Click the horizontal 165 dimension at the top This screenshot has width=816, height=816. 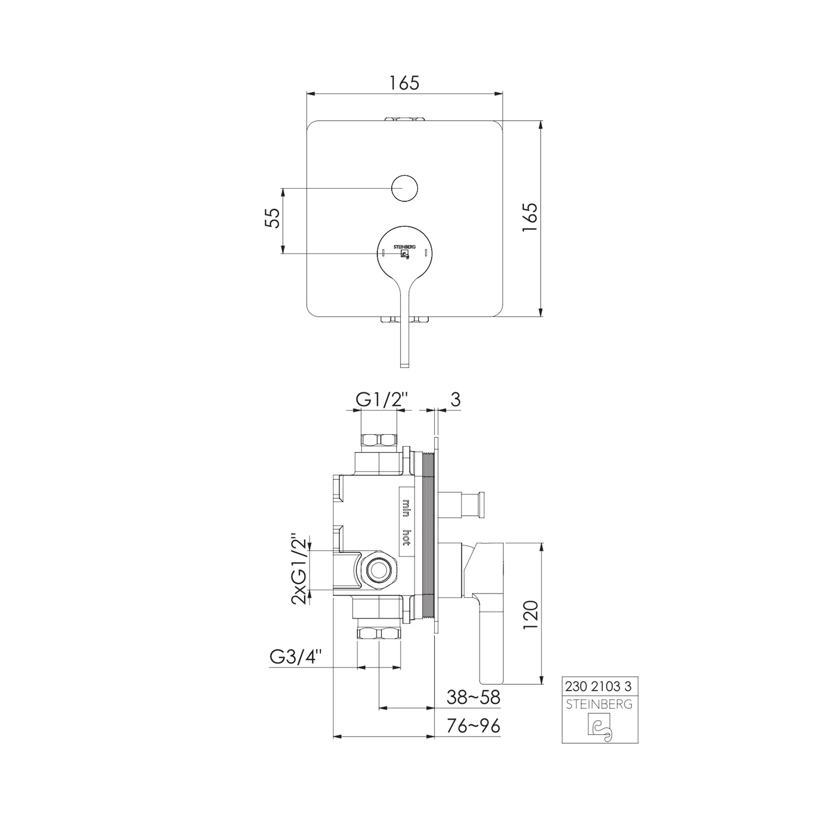click(405, 83)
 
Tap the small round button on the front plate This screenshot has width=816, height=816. click(404, 188)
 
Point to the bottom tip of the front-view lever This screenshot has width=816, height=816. click(404, 367)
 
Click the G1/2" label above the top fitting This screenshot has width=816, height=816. click(382, 400)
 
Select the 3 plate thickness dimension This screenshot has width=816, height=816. click(455, 399)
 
